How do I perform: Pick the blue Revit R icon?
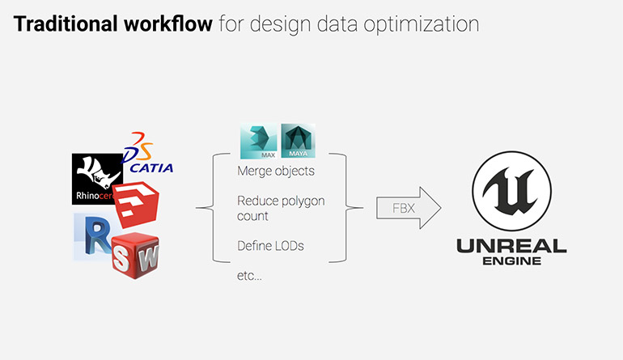92,236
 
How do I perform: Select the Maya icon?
297,142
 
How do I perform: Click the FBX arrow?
407,208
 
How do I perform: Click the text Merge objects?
276,172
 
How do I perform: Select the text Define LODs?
271,246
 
